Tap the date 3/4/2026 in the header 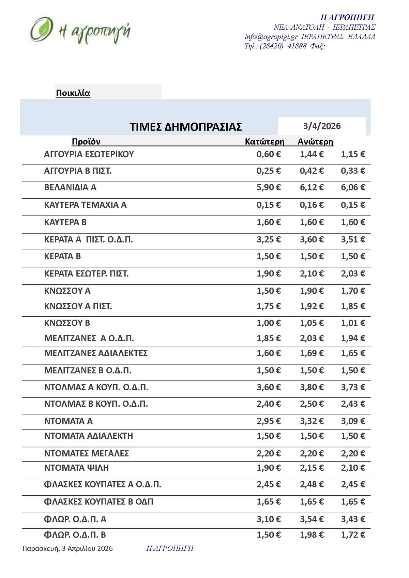pos(322,126)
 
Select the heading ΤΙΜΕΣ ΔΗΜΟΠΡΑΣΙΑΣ pos(186,127)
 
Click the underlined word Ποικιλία pos(73,93)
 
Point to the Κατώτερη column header pos(264,142)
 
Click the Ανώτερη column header pos(315,142)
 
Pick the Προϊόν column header pos(86,142)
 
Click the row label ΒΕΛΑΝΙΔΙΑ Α pos(70,187)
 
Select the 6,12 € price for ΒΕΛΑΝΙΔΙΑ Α pos(312,187)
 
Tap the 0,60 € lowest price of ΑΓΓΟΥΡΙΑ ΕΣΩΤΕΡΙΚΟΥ pos(269,154)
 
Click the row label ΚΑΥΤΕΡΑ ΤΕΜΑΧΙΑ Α pos(85,205)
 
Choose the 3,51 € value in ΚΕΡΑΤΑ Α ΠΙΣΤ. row pos(353,239)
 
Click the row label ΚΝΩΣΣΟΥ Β pos(67,323)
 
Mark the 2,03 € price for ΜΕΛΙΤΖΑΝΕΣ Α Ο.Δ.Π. pos(312,338)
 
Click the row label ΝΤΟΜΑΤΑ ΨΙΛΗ pos(76,468)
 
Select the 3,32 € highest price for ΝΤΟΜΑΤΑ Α pos(312,421)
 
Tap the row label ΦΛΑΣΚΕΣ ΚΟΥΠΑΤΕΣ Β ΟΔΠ pos(99,502)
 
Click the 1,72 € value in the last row pos(353,535)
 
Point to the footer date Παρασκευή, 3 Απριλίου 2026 pos(67,548)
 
